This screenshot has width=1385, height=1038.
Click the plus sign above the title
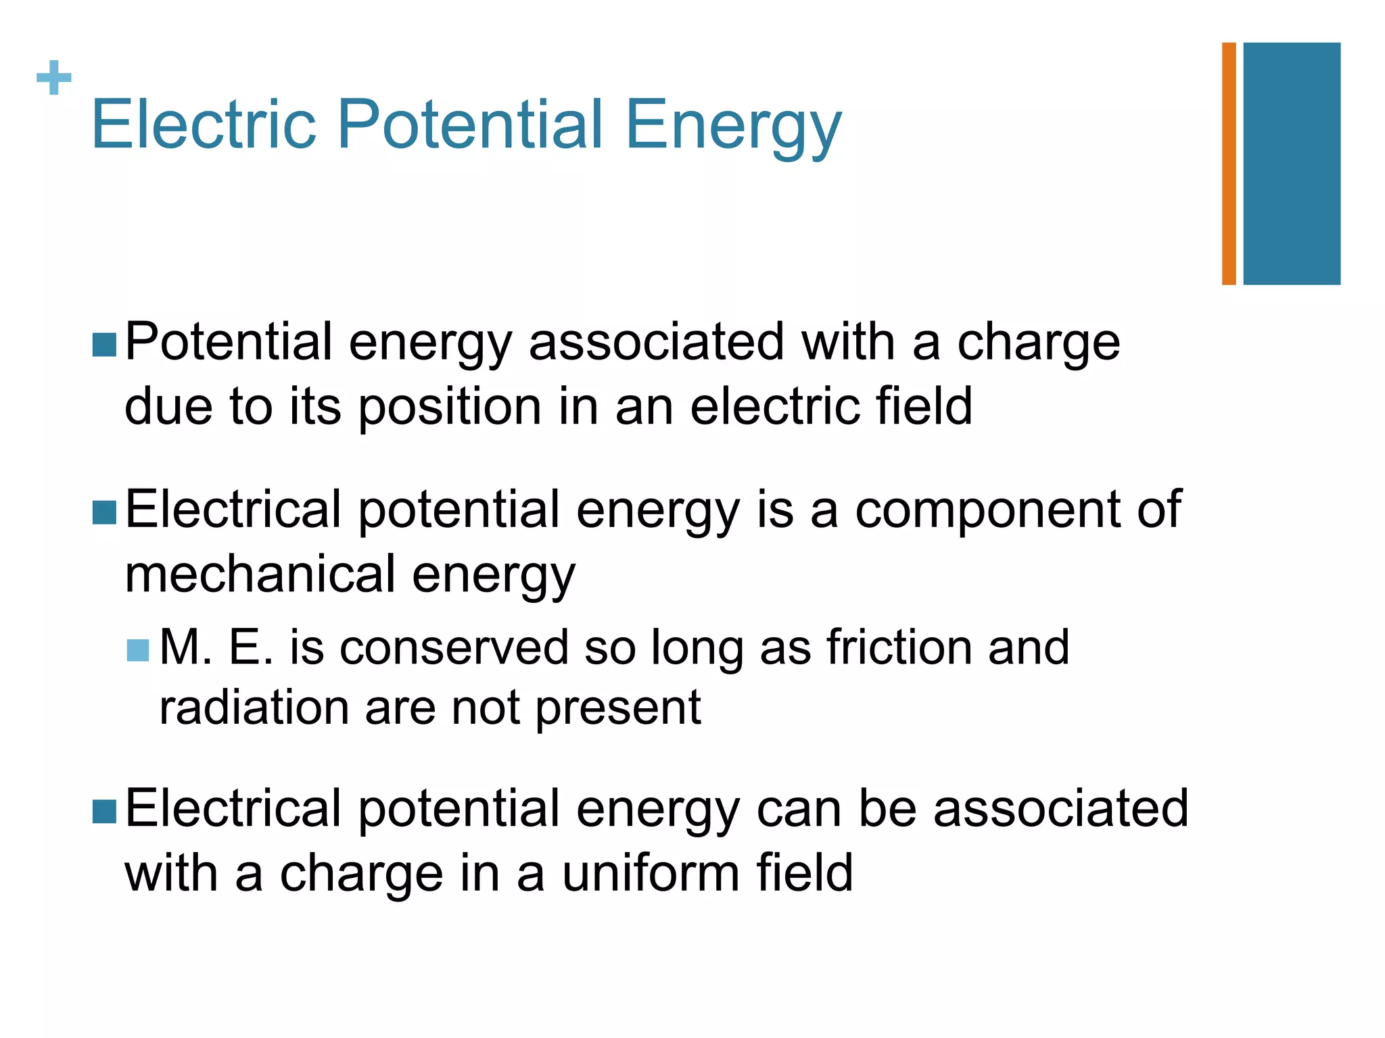coord(54,78)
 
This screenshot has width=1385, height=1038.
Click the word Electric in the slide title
coord(204,124)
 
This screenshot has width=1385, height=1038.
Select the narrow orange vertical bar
coord(1229,164)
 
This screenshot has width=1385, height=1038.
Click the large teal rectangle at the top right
coord(1292,164)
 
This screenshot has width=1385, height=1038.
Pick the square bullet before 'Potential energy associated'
coord(104,345)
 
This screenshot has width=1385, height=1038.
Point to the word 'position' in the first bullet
coord(450,407)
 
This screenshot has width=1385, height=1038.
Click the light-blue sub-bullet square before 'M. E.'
coord(137,651)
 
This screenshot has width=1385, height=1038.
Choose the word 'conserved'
coord(454,647)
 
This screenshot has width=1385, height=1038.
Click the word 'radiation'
coord(254,708)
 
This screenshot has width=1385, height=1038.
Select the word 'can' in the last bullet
coord(799,809)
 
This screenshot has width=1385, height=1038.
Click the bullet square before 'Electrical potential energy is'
coord(104,513)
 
